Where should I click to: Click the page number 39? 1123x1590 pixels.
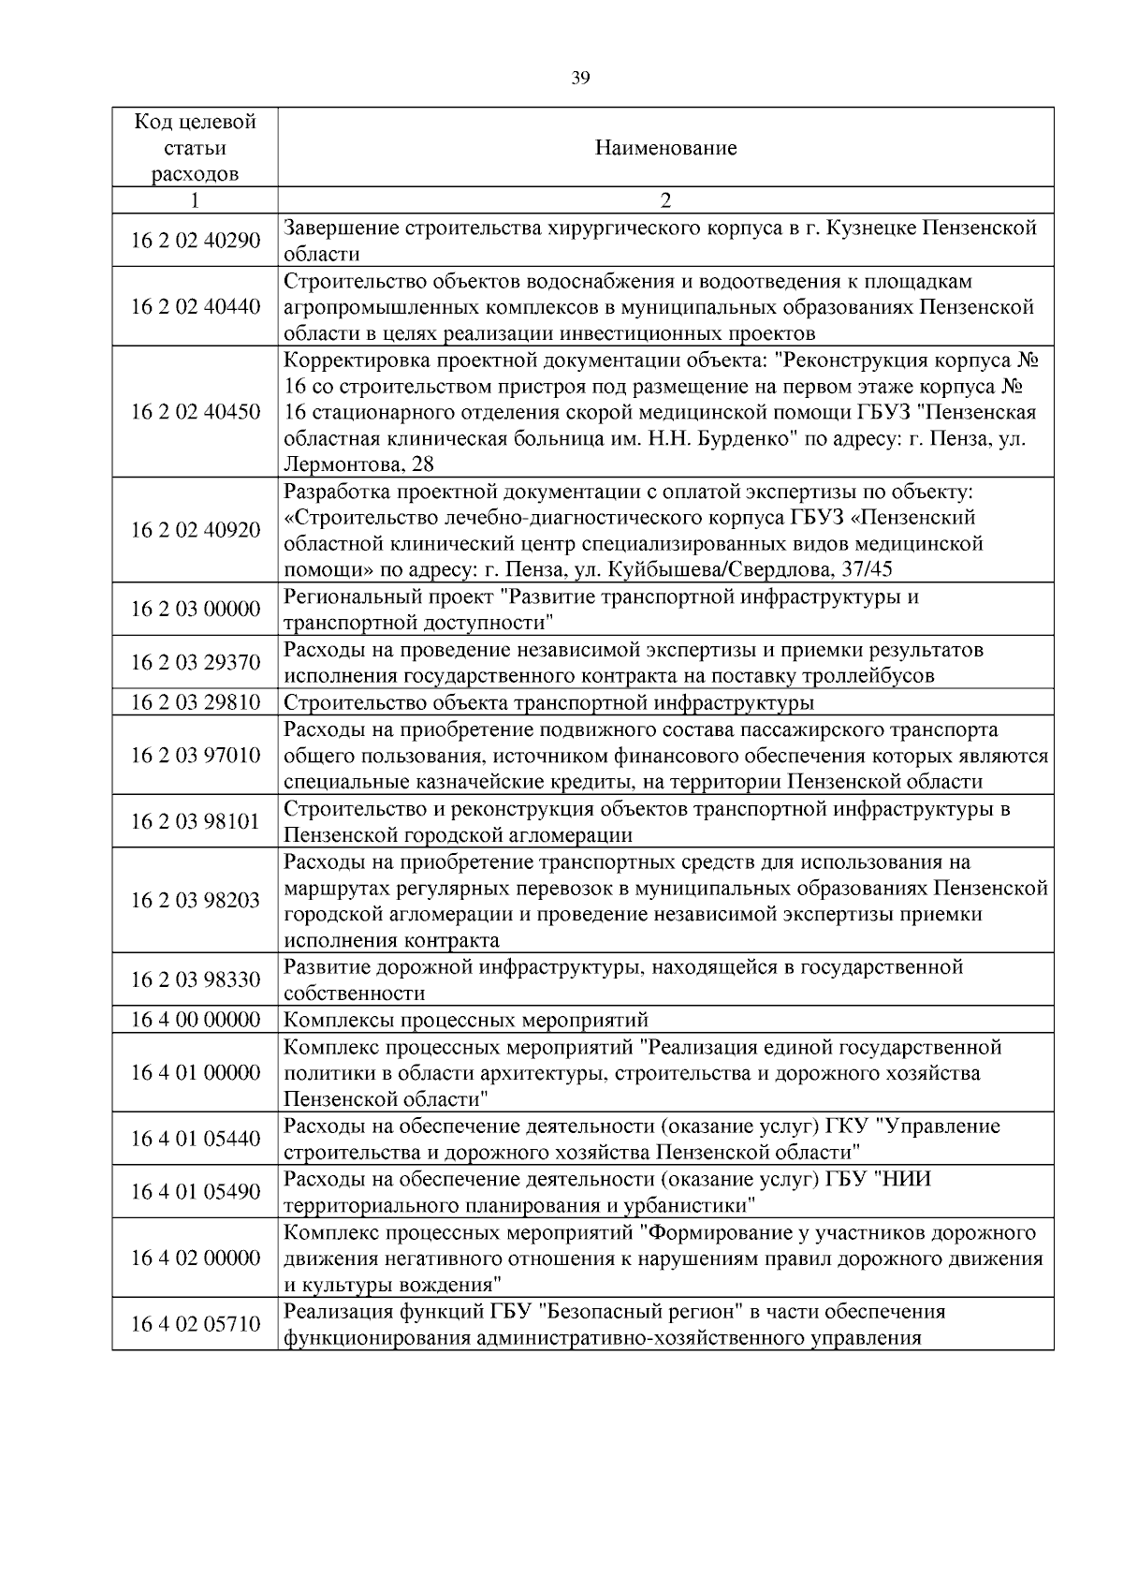pos(580,79)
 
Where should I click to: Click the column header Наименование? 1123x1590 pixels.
pos(665,148)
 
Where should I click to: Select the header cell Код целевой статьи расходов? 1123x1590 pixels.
pos(195,148)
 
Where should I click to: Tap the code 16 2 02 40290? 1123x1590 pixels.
pos(195,241)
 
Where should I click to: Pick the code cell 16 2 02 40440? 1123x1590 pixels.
pos(195,307)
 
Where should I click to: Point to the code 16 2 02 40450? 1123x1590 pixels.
pos(195,412)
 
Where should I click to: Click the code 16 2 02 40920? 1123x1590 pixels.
pos(195,530)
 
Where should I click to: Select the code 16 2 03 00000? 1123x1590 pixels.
pos(195,610)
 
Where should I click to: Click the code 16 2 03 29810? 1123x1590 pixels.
pos(195,702)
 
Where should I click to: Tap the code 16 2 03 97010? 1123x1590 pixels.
pos(195,755)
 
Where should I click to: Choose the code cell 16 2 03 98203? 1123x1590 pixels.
pos(195,901)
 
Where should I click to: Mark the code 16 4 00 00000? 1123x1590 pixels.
pos(195,1020)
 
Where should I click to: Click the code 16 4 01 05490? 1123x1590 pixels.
pos(195,1191)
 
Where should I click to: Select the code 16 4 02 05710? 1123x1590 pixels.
pos(195,1324)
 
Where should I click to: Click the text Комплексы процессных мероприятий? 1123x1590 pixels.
pos(465,1020)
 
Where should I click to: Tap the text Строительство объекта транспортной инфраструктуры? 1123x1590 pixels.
pos(547,702)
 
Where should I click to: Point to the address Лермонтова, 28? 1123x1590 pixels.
pos(358,464)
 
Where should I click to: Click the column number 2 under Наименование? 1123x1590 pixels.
pos(665,200)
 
